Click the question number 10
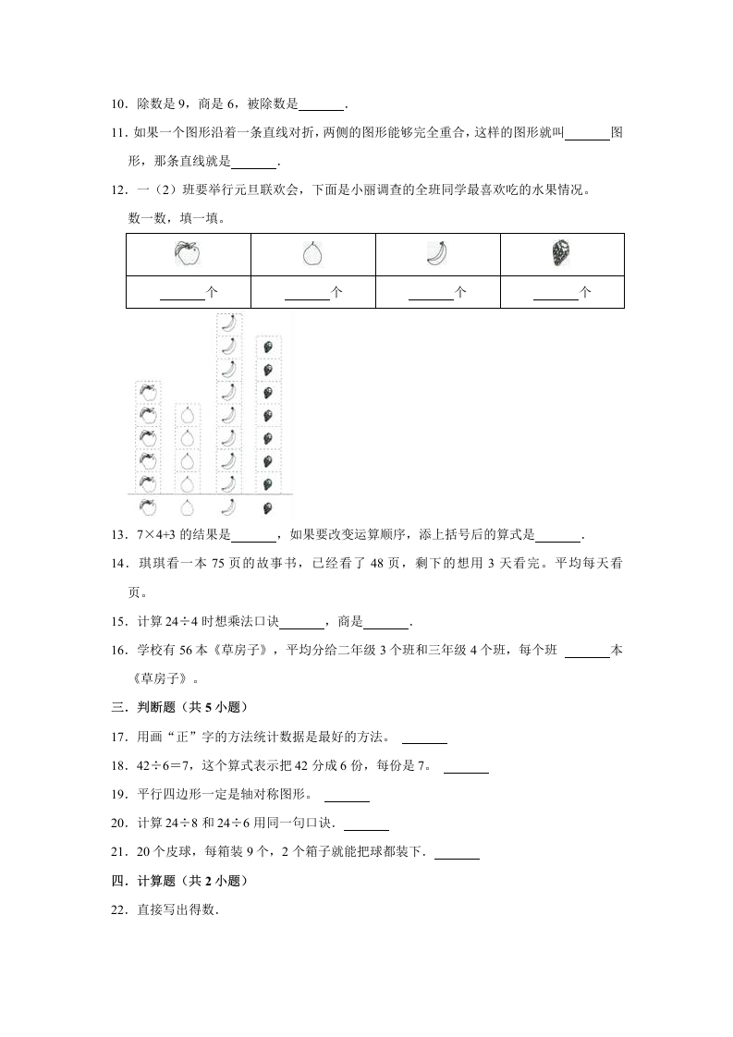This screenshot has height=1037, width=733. point(117,105)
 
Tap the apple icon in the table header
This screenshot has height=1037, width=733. point(188,254)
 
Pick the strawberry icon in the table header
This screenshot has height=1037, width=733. point(561,253)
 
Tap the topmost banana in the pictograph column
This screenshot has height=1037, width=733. point(228,323)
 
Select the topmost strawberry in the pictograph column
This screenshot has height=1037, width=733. point(268,348)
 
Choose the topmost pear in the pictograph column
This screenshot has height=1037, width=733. point(188,414)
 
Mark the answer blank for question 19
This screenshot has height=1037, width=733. point(347,796)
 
